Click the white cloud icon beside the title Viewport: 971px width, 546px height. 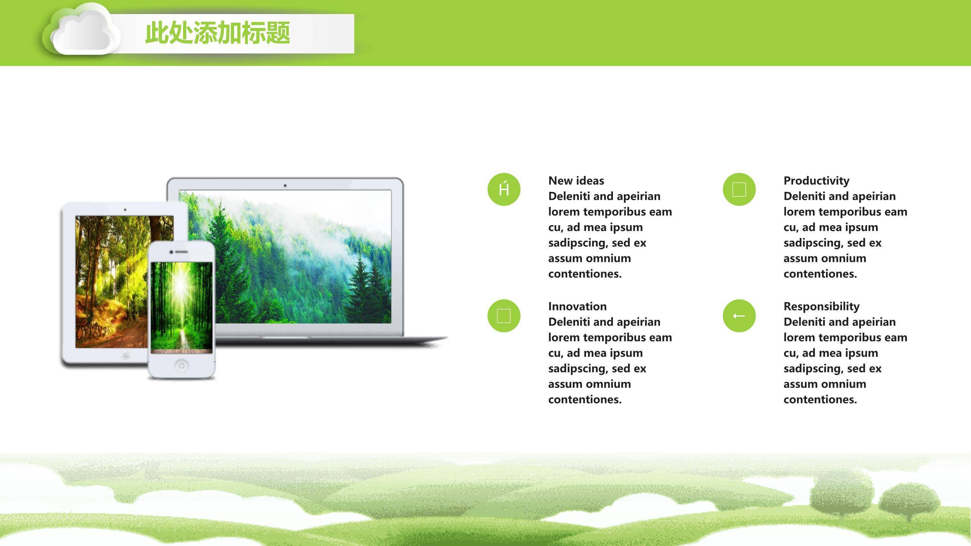(x=82, y=32)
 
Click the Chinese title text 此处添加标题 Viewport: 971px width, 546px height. (x=217, y=33)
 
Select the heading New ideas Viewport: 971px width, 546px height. (x=576, y=180)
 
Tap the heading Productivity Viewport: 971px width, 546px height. (x=816, y=180)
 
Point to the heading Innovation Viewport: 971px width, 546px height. (x=577, y=306)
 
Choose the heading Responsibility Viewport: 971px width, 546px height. (x=821, y=306)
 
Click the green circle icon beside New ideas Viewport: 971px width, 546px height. (x=504, y=189)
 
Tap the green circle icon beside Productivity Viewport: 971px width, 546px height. (x=739, y=189)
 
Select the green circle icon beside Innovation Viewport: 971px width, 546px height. (x=504, y=315)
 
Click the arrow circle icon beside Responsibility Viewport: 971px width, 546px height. (x=739, y=315)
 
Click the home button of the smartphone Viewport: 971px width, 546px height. (x=181, y=366)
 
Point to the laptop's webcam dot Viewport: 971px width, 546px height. (x=285, y=185)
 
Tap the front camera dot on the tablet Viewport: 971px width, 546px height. (x=125, y=210)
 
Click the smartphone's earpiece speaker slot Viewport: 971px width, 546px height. (x=181, y=252)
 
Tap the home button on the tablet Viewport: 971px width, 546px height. (x=126, y=355)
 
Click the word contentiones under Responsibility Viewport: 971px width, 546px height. (x=820, y=399)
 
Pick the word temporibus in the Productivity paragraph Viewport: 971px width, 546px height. (x=845, y=212)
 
